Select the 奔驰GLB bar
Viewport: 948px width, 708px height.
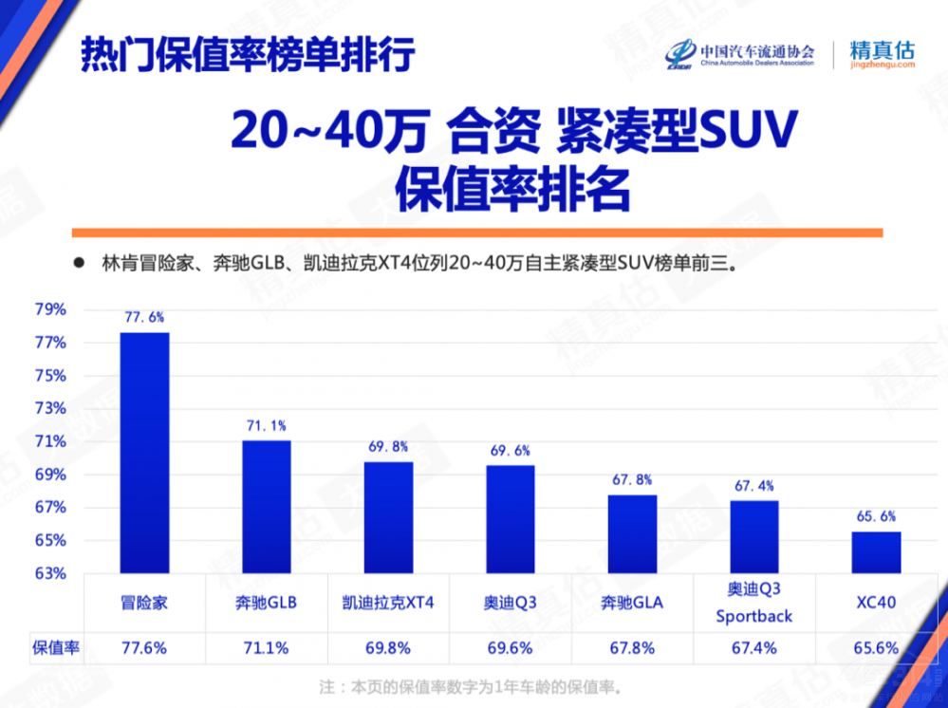click(x=267, y=507)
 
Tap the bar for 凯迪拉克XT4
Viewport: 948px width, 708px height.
click(x=389, y=517)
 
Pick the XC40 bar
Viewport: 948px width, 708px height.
click(x=876, y=552)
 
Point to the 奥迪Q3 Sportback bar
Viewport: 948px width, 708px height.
click(x=754, y=537)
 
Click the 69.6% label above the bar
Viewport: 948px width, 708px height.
click(x=511, y=452)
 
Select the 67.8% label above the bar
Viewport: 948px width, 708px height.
click(x=632, y=480)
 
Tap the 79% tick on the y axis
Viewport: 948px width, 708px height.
click(x=51, y=309)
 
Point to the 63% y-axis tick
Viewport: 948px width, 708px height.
click(x=51, y=573)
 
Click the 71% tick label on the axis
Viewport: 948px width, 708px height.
click(x=51, y=441)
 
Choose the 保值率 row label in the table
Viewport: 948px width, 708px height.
click(x=55, y=648)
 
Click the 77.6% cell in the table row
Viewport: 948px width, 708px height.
click(x=144, y=648)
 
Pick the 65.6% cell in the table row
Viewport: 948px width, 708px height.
click(x=875, y=648)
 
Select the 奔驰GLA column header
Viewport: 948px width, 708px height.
click(x=632, y=602)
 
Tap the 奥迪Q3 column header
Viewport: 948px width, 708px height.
click(x=511, y=602)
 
